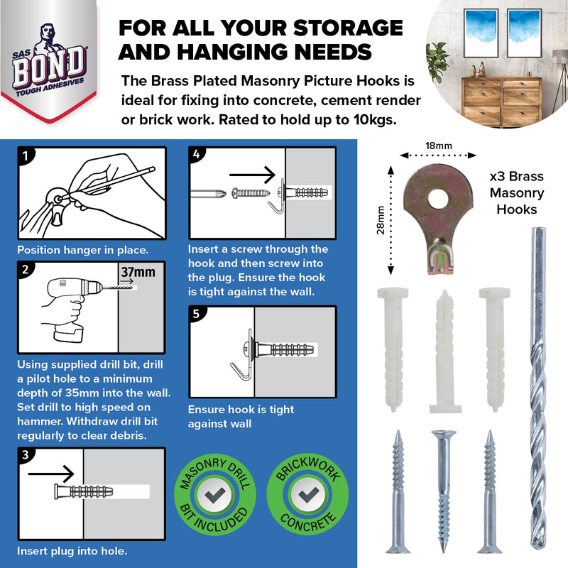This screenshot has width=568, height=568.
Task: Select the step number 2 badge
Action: tap(26, 270)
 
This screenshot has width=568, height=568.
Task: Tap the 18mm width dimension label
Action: tap(437, 146)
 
